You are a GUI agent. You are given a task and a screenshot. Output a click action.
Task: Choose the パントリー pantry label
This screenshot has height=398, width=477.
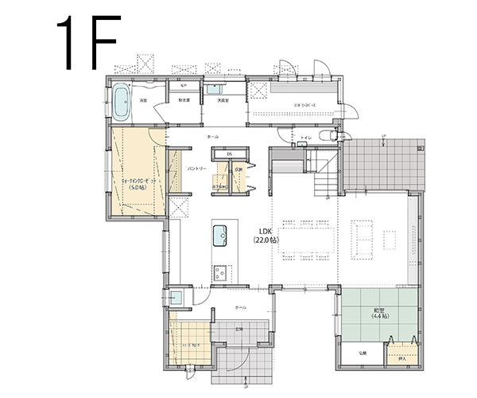tap(197, 170)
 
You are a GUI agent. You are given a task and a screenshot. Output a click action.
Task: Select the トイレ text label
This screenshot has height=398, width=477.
tap(306, 138)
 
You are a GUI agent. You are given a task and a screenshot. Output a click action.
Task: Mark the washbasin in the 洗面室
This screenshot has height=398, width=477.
tap(216, 89)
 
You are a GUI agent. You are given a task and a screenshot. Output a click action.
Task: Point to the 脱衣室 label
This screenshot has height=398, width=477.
tap(184, 101)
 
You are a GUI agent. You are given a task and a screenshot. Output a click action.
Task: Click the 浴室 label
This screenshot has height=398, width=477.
tap(144, 101)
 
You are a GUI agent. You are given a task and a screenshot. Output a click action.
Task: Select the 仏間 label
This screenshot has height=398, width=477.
tap(362, 351)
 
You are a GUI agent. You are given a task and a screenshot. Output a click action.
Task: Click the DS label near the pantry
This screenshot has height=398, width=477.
tap(229, 154)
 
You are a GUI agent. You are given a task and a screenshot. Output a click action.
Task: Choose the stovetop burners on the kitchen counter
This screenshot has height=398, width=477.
tap(219, 271)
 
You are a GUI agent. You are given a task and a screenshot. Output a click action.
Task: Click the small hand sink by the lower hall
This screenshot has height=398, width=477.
tap(179, 298)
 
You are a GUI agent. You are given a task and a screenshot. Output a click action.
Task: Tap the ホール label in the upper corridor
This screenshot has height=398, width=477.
tap(212, 137)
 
